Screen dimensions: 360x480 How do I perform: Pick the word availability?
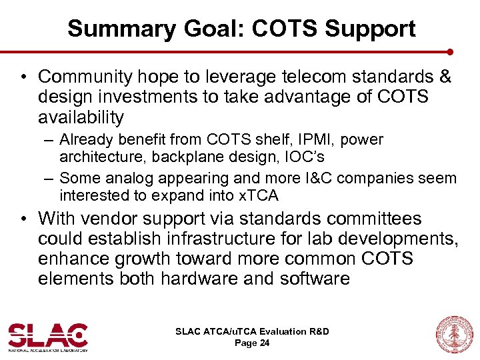[81, 117]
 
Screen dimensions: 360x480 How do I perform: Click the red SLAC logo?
[47, 336]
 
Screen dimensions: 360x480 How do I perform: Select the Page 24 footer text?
[252, 343]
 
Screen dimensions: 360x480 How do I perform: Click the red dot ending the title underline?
[450, 51]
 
